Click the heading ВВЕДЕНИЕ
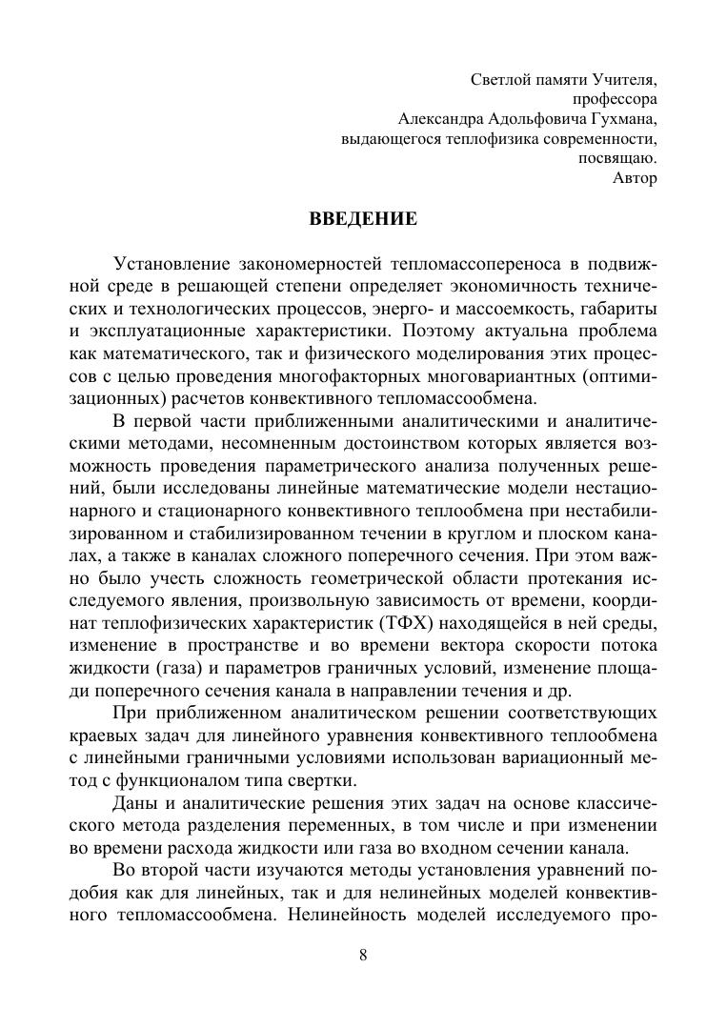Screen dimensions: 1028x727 tap(363, 219)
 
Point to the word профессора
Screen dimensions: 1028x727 tap(615, 99)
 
